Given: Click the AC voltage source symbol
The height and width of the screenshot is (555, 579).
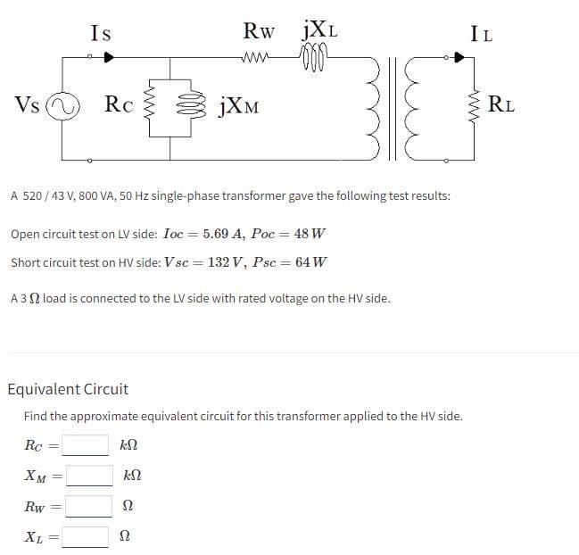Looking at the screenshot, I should (x=62, y=107).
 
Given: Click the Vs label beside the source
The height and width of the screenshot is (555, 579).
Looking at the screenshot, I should (x=27, y=105).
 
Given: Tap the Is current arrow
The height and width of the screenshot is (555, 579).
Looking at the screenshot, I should (x=108, y=57).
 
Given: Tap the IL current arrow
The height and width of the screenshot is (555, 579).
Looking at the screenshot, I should (x=459, y=57).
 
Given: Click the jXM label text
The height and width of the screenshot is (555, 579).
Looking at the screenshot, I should (x=237, y=108).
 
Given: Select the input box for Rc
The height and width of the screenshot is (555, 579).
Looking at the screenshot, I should (x=86, y=444).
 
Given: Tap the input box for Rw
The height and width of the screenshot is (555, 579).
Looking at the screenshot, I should (x=87, y=506).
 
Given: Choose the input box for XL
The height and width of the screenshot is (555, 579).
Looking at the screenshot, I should (x=86, y=537).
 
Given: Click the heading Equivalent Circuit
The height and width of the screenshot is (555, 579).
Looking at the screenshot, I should (x=68, y=389).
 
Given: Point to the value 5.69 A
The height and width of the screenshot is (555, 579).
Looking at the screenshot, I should (x=222, y=234).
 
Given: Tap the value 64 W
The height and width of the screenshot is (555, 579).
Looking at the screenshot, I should (x=310, y=262).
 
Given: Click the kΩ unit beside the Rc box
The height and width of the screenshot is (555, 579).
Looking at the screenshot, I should (x=129, y=444).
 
